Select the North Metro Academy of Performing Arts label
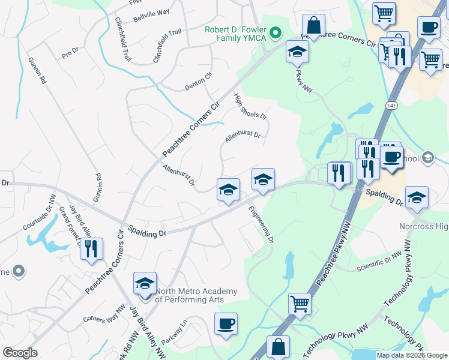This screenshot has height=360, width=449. (196, 295)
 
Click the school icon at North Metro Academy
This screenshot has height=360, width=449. (145, 283)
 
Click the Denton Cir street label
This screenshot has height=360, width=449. (199, 85)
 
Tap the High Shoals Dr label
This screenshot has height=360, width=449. (250, 107)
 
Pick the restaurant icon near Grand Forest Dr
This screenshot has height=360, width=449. (91, 249)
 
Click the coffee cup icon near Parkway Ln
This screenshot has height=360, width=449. (226, 324)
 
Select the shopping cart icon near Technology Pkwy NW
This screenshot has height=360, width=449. (299, 304)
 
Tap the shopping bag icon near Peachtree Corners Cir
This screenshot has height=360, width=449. (313, 26)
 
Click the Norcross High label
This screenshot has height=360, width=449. (424, 226)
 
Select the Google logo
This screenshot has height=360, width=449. (19, 353)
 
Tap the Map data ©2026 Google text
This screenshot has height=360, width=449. (411, 355)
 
